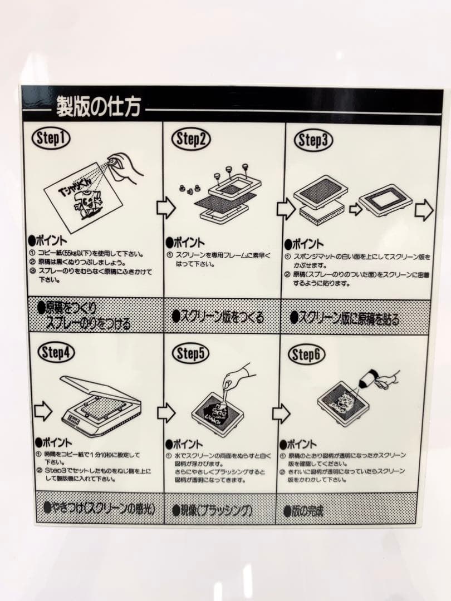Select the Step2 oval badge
[x=190, y=140]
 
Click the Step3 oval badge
[x=313, y=141]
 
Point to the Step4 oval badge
[x=56, y=353]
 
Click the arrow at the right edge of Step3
[x=424, y=210]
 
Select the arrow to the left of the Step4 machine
[x=43, y=412]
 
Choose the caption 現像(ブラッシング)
[x=212, y=510]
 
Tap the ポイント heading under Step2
[x=185, y=243]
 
